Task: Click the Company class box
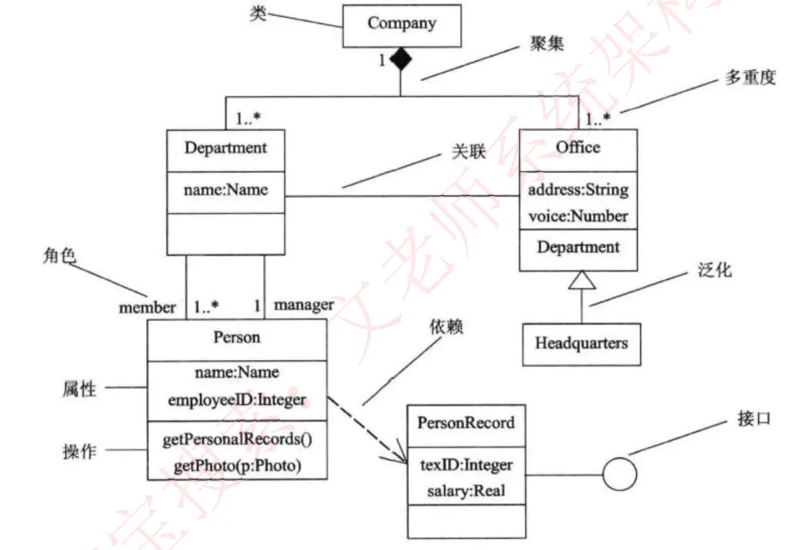pos(402,26)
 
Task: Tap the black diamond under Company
pos(401,59)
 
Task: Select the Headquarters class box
pos(581,344)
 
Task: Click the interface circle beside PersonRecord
pos(620,474)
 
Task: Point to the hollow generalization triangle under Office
pos(581,280)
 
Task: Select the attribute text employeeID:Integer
pos(236,400)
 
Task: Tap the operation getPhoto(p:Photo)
pos(237,465)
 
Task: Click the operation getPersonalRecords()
pos(237,439)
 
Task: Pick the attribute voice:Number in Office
pos(578,216)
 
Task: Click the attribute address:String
pos(578,189)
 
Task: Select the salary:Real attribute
pos(466,491)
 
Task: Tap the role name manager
pos(304,305)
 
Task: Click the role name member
pos(147,308)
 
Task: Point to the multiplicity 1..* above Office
pos(597,119)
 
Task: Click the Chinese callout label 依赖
pos(446,327)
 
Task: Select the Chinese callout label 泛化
pos(714,270)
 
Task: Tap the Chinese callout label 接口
pos(754,419)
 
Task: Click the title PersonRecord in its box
pos(466,423)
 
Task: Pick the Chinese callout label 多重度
pos(750,77)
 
